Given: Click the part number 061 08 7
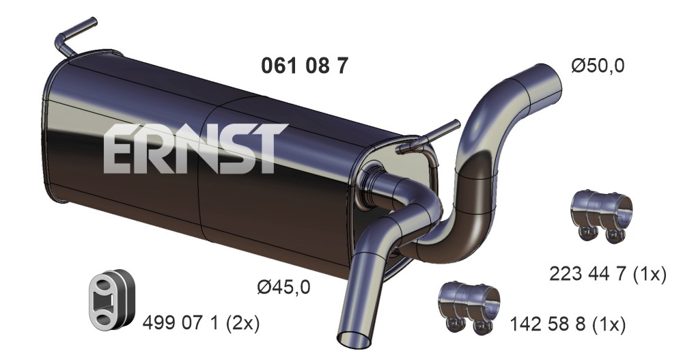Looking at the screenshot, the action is pos(305,66).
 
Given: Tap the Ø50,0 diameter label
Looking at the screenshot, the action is pos(598,66).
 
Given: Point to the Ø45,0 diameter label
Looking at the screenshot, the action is pos(283,287).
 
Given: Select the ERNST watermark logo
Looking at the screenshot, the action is pos(195,148).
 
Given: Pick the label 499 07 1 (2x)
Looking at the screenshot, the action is pos(201,323).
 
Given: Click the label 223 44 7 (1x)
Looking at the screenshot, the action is pos(608,274).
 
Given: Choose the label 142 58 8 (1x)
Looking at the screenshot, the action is pos(568,324).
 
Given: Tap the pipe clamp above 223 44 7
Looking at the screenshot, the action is pos(601,215).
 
